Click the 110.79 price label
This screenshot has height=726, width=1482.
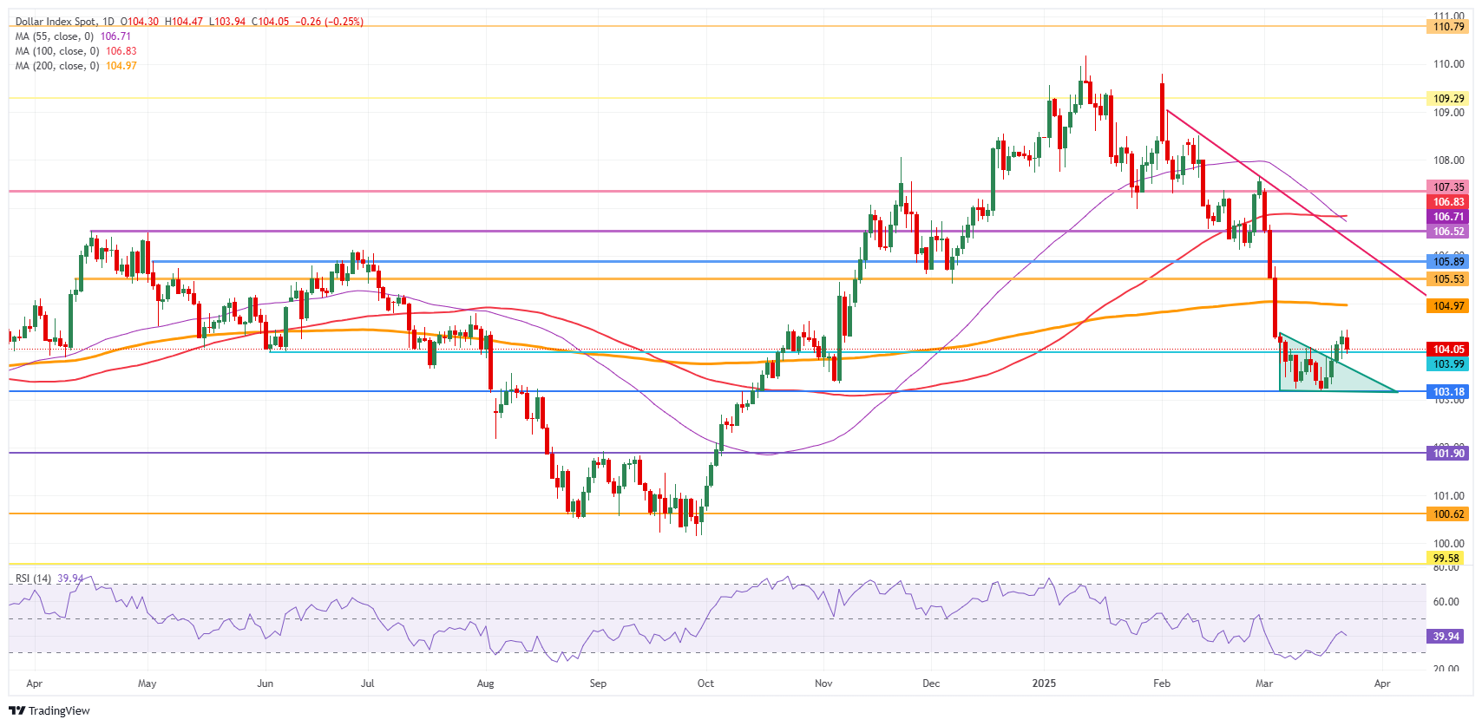tap(1448, 27)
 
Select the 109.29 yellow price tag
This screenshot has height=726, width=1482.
tap(1448, 99)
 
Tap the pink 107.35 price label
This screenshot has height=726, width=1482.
tap(1448, 187)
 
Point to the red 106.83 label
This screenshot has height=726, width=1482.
tap(1448, 202)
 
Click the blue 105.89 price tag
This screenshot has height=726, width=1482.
tap(1448, 262)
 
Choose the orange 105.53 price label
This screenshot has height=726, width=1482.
tap(1448, 279)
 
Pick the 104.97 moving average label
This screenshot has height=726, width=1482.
tap(1448, 306)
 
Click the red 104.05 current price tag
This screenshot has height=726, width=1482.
tap(1448, 350)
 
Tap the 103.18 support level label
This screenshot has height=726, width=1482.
tap(1448, 392)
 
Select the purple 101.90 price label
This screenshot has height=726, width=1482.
tap(1448, 454)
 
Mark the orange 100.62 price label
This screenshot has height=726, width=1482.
tap(1448, 514)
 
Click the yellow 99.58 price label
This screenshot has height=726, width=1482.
tap(1448, 559)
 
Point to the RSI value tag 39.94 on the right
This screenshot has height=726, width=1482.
tap(1445, 637)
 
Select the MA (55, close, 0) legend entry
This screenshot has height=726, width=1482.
tap(54, 36)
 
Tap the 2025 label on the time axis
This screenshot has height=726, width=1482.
tap(1044, 683)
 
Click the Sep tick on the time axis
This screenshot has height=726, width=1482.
tap(598, 683)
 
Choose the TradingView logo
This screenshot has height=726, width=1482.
tap(49, 710)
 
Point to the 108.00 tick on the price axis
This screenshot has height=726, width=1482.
tap(1448, 160)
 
